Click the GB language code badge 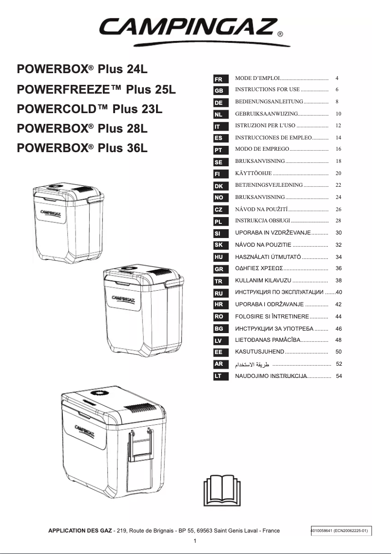pos(218,91)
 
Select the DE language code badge pos(218,103)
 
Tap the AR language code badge pos(218,364)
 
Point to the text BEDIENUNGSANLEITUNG pos(269,102)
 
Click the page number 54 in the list pos(339,376)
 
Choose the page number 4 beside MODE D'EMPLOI pos(337,78)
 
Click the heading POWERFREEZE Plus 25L pos(96,90)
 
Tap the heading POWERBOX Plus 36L pos(82,147)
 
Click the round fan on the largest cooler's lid pos(100,394)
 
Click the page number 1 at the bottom pos(195,541)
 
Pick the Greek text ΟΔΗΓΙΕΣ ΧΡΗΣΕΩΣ pos(259,269)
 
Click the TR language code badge pos(218,281)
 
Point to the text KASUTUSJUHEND pos(259,352)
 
